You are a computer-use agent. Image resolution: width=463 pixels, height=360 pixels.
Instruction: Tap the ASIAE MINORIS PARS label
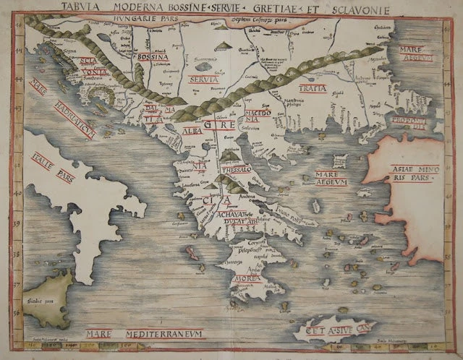[411, 172]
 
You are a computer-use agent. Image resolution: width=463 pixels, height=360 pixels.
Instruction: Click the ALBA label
[191, 132]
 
